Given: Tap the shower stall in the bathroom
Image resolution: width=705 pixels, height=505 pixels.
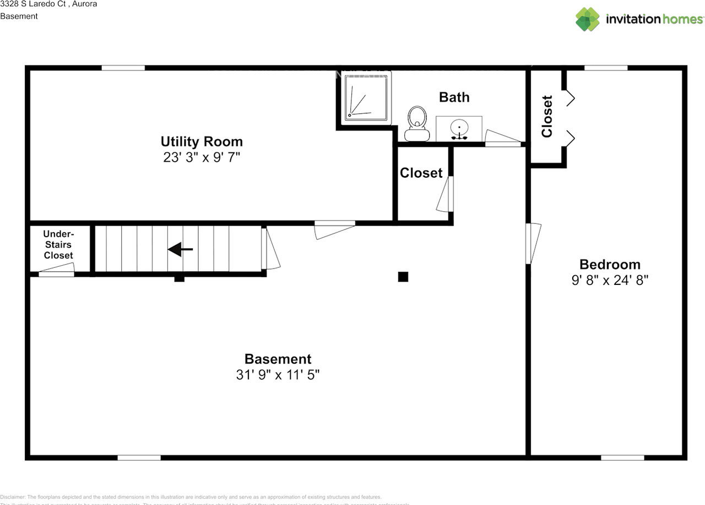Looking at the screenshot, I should click(x=366, y=97).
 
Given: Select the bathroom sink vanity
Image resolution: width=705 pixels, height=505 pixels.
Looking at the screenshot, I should click(x=459, y=128).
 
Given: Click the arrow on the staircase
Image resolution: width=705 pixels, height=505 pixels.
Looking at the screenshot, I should click(x=180, y=250).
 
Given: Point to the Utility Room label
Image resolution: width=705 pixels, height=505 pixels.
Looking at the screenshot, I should click(x=202, y=141).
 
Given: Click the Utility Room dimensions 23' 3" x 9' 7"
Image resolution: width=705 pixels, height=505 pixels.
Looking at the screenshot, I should click(x=202, y=158).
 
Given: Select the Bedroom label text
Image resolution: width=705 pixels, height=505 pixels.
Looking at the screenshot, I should click(x=610, y=264).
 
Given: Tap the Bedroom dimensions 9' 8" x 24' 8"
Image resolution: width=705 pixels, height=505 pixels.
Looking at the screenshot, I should click(x=610, y=280).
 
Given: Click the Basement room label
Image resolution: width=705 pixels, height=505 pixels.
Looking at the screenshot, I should click(x=278, y=359).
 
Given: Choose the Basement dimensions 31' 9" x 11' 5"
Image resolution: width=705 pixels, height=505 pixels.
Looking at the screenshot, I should click(x=278, y=375).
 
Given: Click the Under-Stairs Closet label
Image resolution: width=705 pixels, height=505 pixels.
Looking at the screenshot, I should click(x=58, y=245).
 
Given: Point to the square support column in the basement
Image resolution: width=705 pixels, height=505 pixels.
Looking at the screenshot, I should click(x=403, y=277).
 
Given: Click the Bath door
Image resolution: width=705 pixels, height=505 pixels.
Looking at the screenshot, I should click(x=502, y=138).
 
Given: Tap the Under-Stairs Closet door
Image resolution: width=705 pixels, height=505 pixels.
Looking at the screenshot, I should click(x=56, y=270).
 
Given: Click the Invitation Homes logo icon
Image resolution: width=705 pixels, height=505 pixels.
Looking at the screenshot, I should click(x=587, y=19).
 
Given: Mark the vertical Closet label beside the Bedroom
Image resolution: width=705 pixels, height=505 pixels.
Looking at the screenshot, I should click(x=547, y=117).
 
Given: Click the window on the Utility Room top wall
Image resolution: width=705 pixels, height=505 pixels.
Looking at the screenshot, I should click(x=123, y=68).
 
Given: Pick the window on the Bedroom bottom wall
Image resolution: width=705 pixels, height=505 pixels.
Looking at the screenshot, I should click(x=622, y=457).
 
